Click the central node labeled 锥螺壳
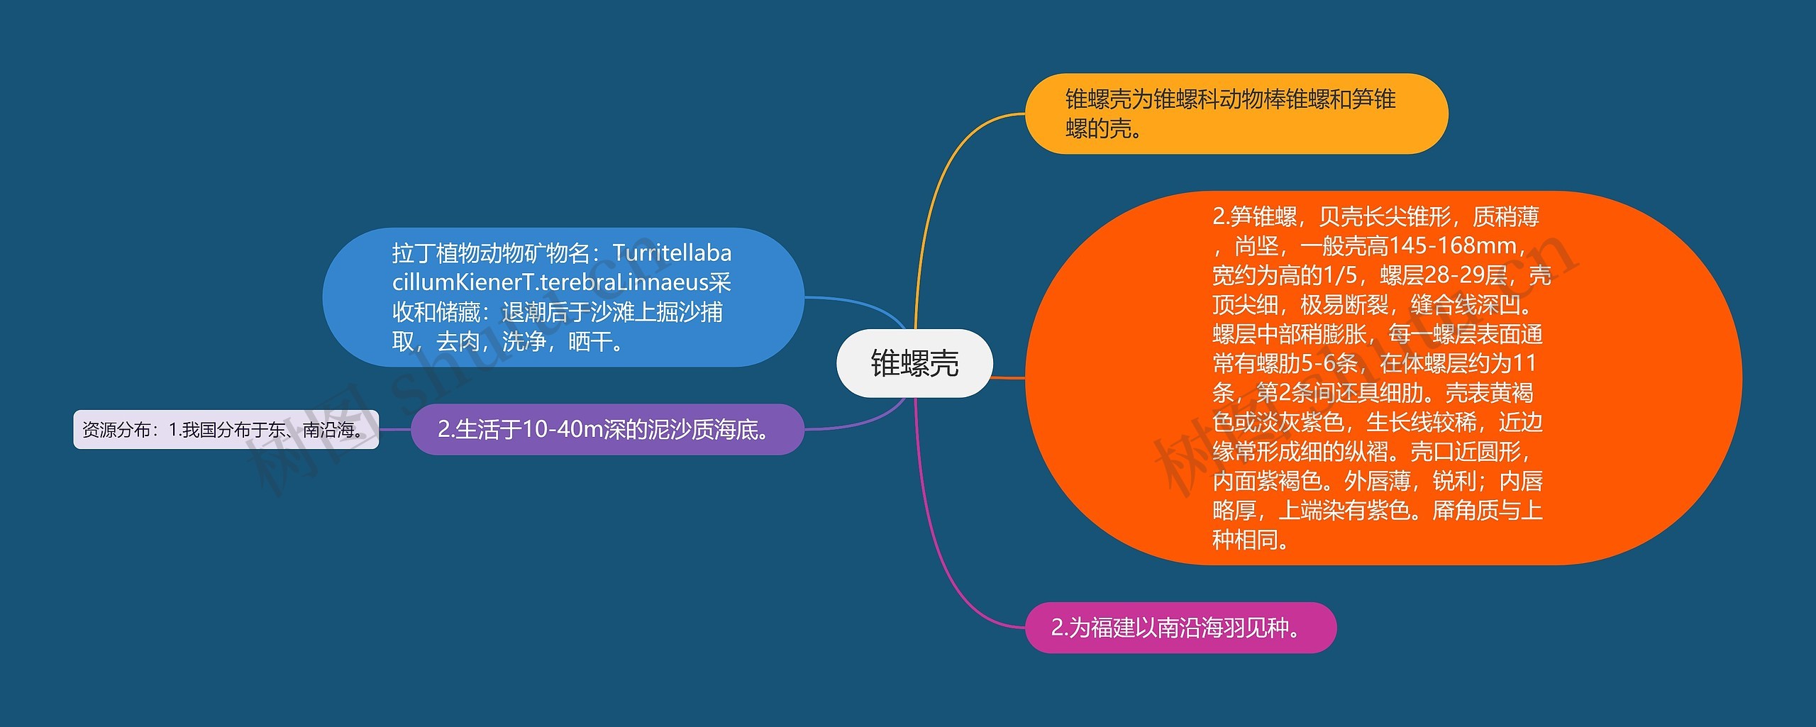click(914, 363)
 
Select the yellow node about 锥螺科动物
click(1236, 113)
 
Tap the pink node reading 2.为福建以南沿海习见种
click(1180, 628)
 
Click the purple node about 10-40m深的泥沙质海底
click(607, 429)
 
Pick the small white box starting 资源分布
click(226, 429)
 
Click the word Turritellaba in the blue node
click(671, 253)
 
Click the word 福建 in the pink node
click(1112, 628)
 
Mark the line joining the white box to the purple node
click(395, 429)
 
